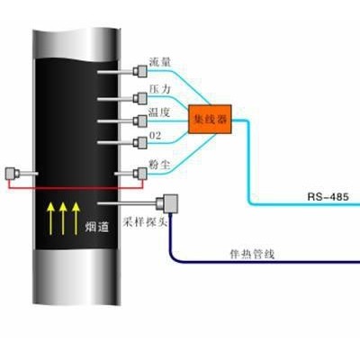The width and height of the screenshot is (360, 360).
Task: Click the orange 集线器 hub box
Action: pos(210,119)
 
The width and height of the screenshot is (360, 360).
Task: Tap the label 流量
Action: pos(160,62)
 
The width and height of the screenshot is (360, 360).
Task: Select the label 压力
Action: pos(160,89)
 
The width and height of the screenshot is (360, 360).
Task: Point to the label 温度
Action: pos(159,112)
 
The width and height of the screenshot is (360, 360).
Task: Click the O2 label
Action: pos(156,136)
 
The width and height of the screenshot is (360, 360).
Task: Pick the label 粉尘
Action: pos(159,164)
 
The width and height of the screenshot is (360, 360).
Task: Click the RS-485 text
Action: pos(328,197)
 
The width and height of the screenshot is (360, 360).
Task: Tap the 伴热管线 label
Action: pos(252,255)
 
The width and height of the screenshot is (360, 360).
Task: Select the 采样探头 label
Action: pos(145,222)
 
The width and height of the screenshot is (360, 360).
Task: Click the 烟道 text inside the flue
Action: pos(97,227)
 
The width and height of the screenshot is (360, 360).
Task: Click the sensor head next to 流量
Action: pos(140,71)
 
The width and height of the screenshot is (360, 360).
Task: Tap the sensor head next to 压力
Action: pos(140,98)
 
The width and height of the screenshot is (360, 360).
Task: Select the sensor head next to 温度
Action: pos(140,121)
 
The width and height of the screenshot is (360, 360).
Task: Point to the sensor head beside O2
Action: pos(140,142)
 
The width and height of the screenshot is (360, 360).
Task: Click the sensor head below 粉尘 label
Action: pos(140,174)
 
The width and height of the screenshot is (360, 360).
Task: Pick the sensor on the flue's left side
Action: pos(13,174)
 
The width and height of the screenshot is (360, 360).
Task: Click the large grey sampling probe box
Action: pos(166,204)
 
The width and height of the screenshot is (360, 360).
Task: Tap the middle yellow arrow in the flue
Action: pos(63,218)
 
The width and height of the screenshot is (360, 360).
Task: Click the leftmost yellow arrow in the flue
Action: pos(50,218)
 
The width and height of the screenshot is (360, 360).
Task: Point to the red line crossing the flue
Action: pos(75,188)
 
